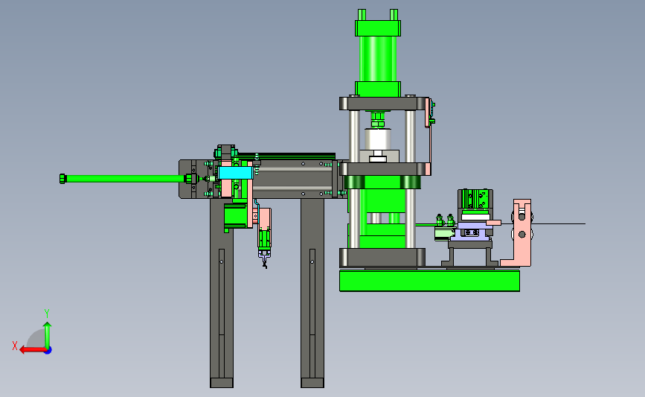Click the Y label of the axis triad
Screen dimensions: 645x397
pos(47,314)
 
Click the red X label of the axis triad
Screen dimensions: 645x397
pos(15,346)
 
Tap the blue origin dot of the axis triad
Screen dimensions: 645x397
pos(48,351)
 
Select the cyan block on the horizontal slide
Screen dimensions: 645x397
pos(235,173)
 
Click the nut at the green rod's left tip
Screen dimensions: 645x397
pos(62,179)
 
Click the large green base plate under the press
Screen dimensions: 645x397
pos(429,281)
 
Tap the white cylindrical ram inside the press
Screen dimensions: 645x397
pos(378,139)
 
